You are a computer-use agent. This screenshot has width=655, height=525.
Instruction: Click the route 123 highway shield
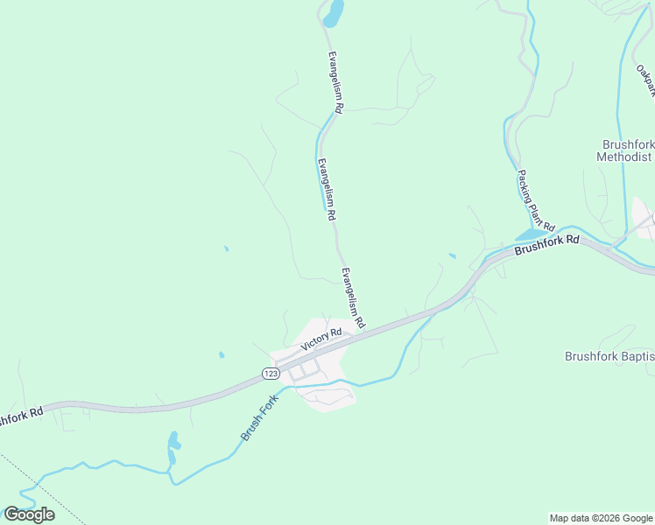click(x=271, y=374)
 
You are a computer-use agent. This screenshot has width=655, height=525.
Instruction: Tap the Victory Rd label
click(x=321, y=339)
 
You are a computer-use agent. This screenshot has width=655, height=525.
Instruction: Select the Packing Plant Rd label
click(x=536, y=200)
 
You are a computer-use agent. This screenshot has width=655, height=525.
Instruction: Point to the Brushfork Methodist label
click(x=625, y=150)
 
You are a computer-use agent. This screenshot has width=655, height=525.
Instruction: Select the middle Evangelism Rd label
click(x=327, y=188)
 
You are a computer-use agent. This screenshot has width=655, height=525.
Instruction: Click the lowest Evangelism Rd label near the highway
click(x=353, y=298)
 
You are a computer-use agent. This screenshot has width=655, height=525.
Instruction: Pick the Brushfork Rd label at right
click(x=547, y=244)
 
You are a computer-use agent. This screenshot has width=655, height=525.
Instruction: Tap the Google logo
click(x=29, y=514)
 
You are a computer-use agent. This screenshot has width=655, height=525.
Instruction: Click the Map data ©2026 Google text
click(x=601, y=518)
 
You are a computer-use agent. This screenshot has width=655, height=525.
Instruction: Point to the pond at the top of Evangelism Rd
click(x=334, y=13)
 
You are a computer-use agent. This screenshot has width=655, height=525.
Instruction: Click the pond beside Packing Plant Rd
click(x=530, y=234)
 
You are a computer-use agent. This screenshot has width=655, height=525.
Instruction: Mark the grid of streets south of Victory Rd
click(x=302, y=371)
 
